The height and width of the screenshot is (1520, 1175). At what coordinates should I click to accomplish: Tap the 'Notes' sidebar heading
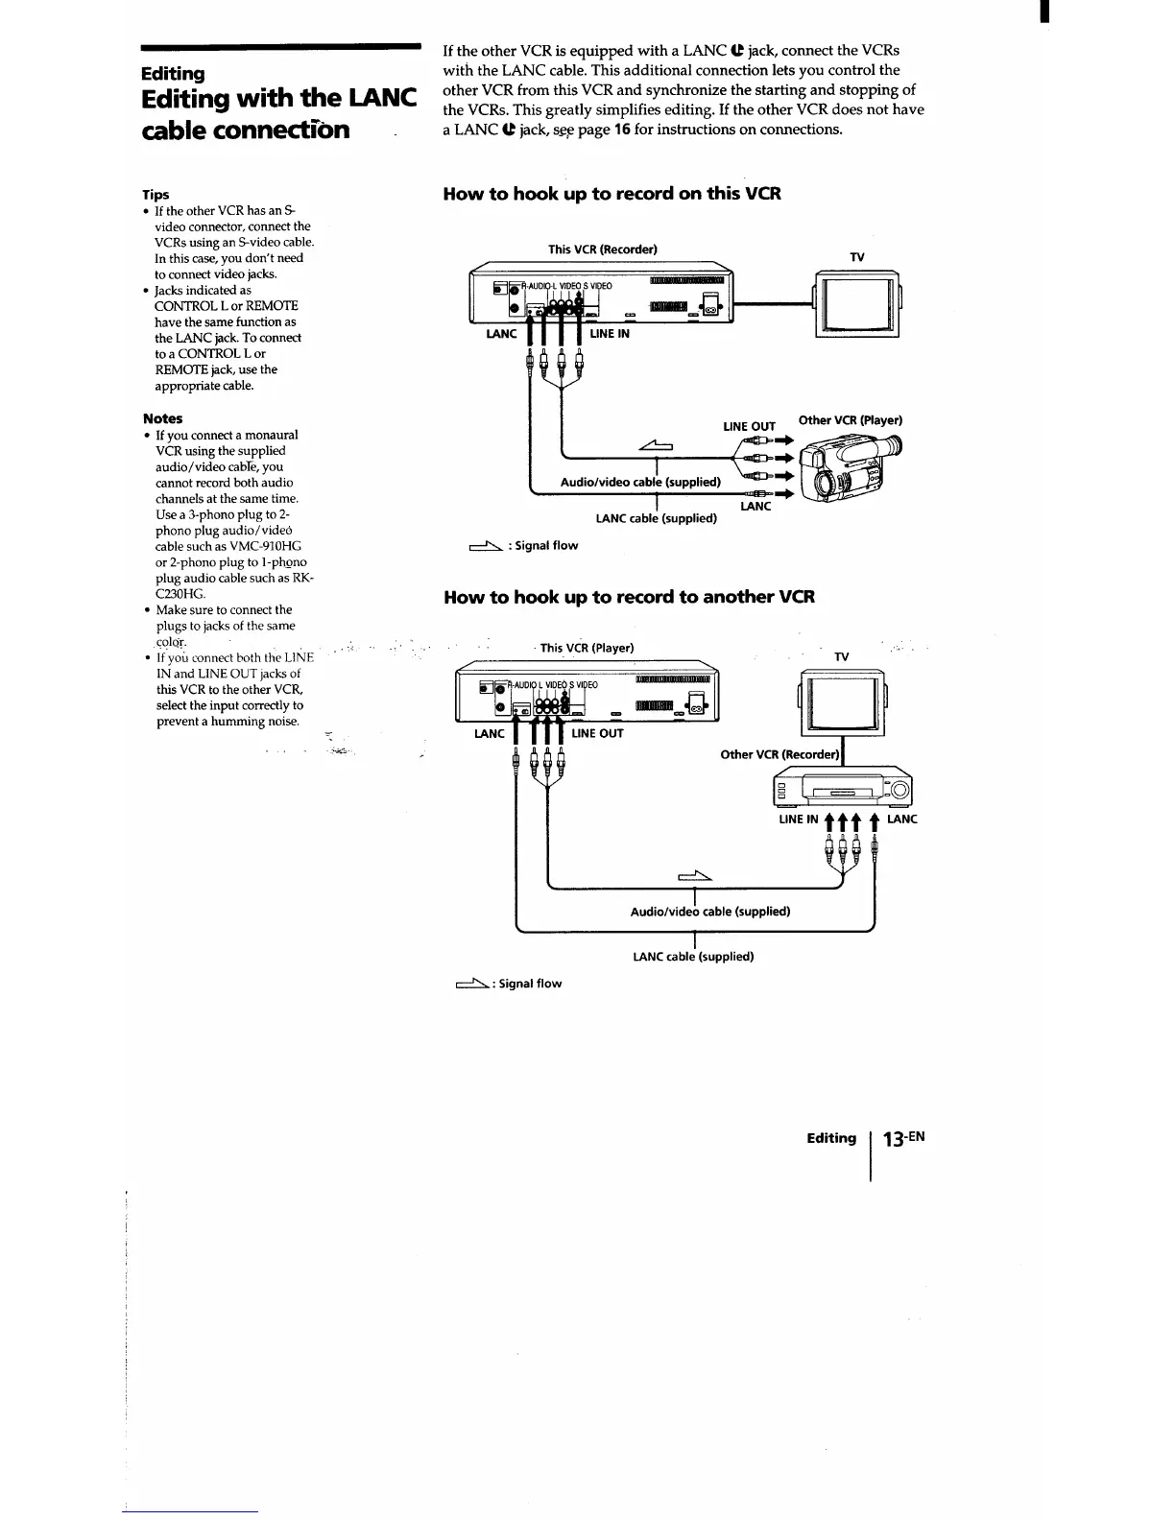click(162, 418)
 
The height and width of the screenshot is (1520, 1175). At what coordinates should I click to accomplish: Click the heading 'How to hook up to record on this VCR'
click(611, 194)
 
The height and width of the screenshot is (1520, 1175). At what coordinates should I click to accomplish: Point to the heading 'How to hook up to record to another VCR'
click(629, 597)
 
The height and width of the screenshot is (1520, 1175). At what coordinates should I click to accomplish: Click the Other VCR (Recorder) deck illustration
click(842, 790)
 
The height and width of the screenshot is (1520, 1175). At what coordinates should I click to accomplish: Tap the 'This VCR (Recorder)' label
click(602, 249)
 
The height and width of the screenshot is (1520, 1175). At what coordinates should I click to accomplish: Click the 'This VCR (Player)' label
click(587, 648)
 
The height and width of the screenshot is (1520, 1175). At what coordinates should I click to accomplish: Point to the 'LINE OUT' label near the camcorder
click(749, 427)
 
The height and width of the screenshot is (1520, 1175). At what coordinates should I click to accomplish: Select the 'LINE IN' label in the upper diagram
click(610, 334)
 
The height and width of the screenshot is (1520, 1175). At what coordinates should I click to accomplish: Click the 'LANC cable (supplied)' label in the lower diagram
click(693, 957)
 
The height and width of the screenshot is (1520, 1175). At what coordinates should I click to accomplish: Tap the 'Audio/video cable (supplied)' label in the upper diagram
click(640, 482)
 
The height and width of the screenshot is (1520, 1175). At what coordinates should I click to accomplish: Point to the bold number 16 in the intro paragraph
click(622, 130)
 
